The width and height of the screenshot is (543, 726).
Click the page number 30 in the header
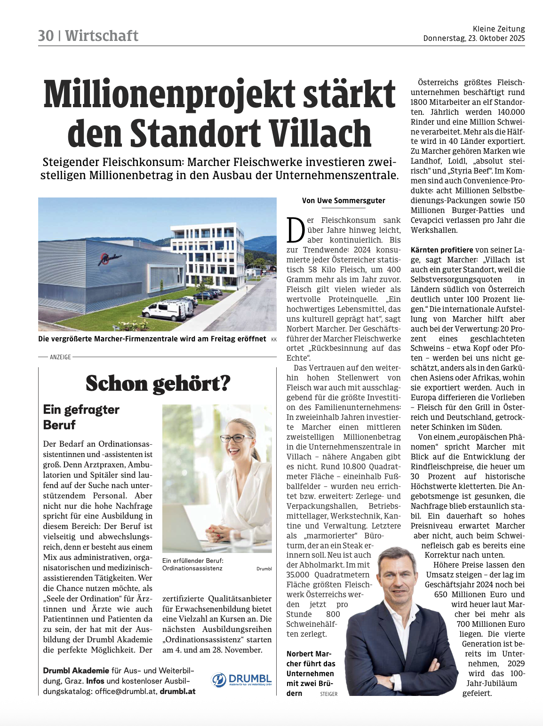pyautogui.click(x=46, y=36)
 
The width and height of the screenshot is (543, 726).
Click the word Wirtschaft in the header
pyautogui.click(x=102, y=36)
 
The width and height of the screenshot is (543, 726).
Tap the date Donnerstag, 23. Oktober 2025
pyautogui.click(x=474, y=39)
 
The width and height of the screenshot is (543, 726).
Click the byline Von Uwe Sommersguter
pyautogui.click(x=343, y=201)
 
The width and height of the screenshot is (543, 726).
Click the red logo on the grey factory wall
pyautogui.click(x=110, y=258)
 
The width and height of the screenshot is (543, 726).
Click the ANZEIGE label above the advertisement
pyautogui.click(x=60, y=357)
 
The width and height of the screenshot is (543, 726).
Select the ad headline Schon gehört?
pyautogui.click(x=158, y=384)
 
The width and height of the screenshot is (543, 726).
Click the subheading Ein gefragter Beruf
pyautogui.click(x=81, y=417)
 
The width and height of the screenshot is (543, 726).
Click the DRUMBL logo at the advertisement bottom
pyautogui.click(x=242, y=680)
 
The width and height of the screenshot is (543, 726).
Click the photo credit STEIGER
pyautogui.click(x=328, y=694)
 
